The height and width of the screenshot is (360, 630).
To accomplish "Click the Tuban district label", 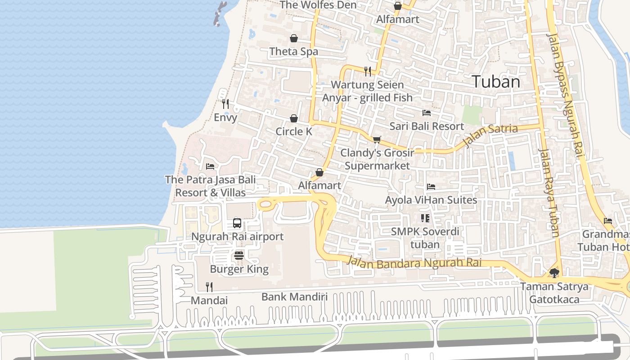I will pos(496,82).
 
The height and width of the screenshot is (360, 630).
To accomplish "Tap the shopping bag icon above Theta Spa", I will pos(294,38).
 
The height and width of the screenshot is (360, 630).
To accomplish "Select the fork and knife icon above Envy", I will pos(225,104).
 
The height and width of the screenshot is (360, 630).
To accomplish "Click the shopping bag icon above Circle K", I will pos(294,118).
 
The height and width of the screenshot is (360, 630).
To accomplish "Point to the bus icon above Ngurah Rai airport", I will pos(237,223).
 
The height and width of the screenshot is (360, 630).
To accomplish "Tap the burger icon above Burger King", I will pos(239,256).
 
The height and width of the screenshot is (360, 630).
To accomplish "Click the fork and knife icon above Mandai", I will pos(209,287).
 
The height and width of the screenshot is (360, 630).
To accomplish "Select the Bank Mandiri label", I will pos(294,297).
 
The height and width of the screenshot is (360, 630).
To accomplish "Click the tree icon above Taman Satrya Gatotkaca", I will pos(554,273).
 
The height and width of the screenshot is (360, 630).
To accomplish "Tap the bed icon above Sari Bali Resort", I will pos(426,112).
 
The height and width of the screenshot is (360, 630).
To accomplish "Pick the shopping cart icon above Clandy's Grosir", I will pos(377,139).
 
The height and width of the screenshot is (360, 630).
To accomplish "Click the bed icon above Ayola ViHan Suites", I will pos(431,186).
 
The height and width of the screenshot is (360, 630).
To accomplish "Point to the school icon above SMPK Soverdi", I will pos(425,218).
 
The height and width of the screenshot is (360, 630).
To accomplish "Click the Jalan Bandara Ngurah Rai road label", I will pos(414,263).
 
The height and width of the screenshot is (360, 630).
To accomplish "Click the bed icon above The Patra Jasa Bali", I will pos(210,166).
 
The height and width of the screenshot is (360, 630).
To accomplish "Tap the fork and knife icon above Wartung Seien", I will pos(368,71).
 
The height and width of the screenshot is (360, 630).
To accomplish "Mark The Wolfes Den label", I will pos(318,5).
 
